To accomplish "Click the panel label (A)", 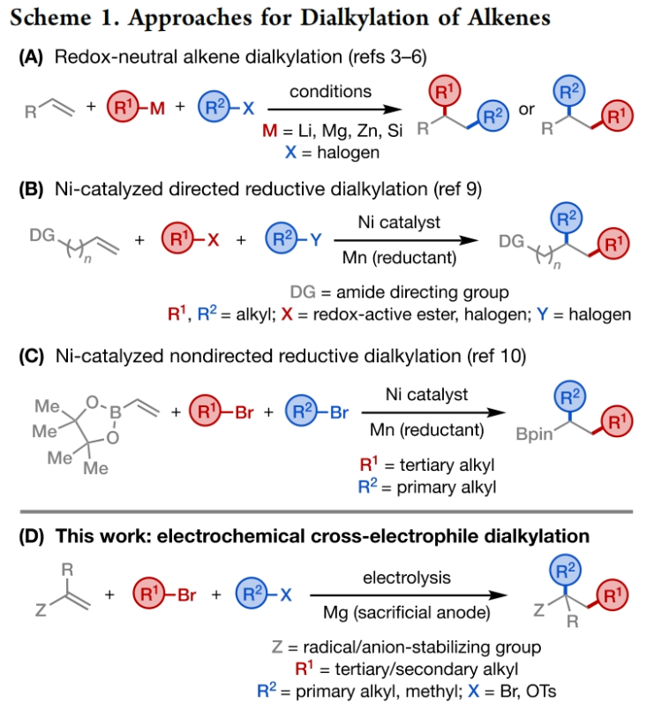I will pyautogui.click(x=29, y=56).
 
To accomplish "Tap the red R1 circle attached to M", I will pyautogui.click(x=127, y=110).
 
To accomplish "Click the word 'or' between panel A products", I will pyautogui.click(x=525, y=110).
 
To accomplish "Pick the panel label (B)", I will pyautogui.click(x=29, y=185).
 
